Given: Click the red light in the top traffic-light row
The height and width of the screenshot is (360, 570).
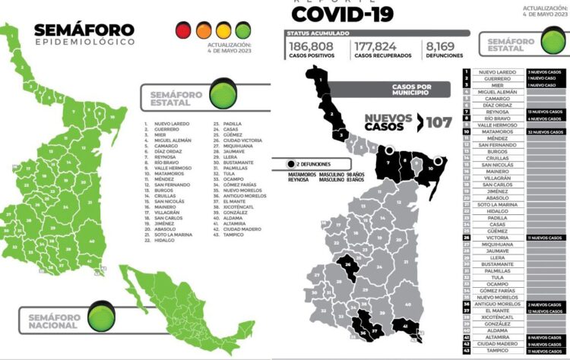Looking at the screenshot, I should pos(184,30).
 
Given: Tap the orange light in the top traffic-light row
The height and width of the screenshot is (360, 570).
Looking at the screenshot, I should pos(204,30).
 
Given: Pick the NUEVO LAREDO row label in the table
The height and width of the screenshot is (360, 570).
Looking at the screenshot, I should pos(497,71).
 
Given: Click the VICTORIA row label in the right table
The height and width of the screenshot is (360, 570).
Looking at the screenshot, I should pos(497,238).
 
